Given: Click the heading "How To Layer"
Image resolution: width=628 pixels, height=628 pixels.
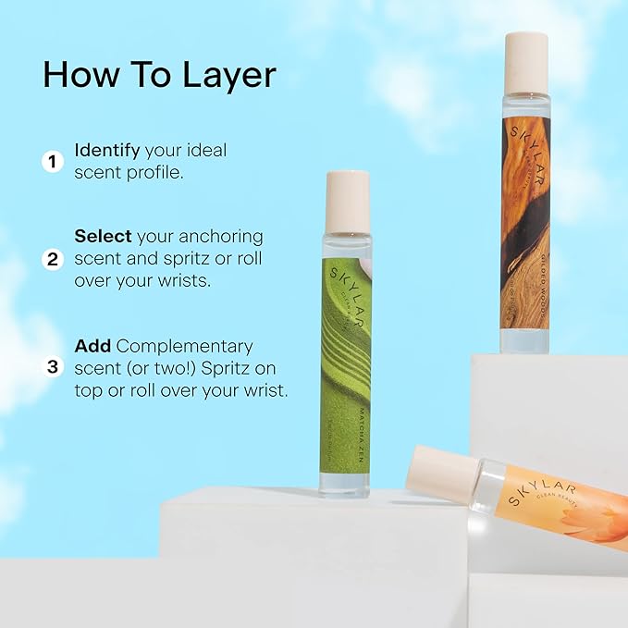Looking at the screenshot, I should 159,75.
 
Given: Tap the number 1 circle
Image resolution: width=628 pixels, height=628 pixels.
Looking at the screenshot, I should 53,162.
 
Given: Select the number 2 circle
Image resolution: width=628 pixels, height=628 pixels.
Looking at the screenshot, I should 53,258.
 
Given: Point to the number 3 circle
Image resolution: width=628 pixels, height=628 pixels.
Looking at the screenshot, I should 53,367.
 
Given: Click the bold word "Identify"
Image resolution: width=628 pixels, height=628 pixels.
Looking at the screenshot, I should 107,150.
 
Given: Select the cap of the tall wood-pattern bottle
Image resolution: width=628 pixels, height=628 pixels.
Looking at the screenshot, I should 528,62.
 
